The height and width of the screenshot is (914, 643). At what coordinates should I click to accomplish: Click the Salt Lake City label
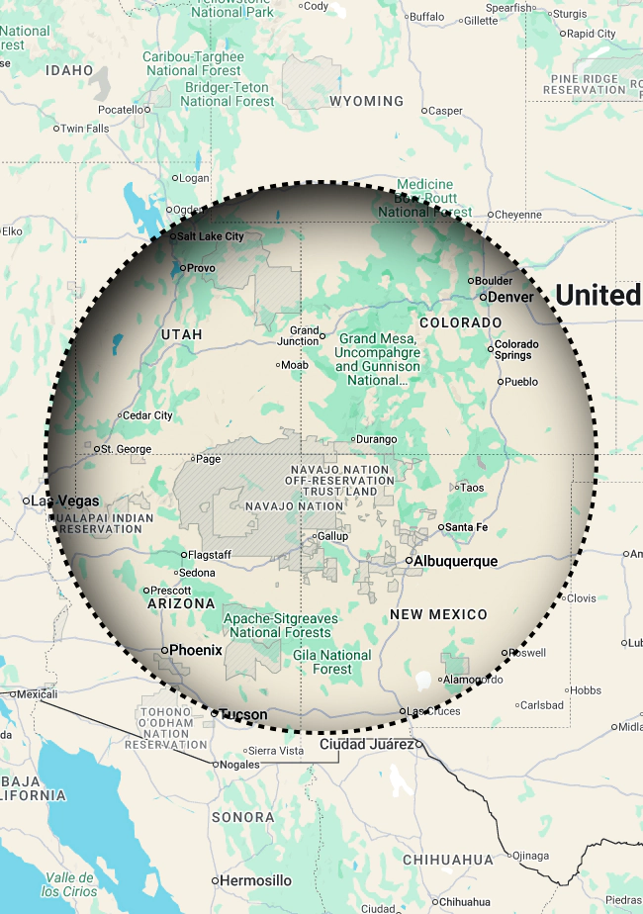point(210,236)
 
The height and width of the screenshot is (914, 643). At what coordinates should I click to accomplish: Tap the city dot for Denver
point(483,297)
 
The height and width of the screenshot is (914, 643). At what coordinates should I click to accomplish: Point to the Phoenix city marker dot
point(164,650)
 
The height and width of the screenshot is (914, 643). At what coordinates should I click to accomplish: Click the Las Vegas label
point(65,501)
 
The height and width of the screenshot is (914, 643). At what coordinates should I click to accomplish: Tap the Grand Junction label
point(305,335)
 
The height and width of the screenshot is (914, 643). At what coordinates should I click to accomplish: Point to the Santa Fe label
point(468,527)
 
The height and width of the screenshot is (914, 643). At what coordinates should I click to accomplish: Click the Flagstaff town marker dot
point(183,555)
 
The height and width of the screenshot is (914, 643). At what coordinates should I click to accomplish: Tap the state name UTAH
point(181,334)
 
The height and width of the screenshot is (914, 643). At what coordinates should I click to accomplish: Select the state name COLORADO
point(461,323)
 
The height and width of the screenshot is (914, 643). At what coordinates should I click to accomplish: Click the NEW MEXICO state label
point(438,614)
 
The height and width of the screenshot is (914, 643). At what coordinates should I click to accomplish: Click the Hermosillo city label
point(255,880)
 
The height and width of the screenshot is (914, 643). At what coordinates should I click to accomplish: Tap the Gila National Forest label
point(332,662)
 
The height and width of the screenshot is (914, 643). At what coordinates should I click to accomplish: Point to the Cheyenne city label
point(519,214)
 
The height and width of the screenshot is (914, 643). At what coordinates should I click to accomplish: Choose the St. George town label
point(127,449)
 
